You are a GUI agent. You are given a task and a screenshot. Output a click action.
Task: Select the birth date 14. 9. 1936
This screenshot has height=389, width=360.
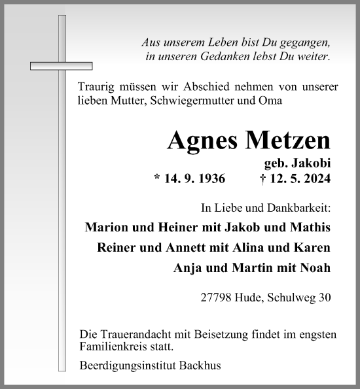pos(189,178)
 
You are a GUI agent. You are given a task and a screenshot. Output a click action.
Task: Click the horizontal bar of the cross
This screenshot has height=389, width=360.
pos(62,65)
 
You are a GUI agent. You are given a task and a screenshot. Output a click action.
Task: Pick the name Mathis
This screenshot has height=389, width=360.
pos(310,228)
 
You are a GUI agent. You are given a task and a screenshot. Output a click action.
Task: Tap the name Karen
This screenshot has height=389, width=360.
pos(313,248)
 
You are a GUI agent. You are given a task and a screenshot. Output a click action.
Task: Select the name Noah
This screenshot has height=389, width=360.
pos(315,267)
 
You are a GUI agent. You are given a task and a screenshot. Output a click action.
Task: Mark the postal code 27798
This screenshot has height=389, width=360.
pos(218,297)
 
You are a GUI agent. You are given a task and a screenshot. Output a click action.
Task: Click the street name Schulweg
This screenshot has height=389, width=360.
pos(291,297)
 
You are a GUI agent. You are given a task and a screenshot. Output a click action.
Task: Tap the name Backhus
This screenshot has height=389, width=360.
pos(204,366)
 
